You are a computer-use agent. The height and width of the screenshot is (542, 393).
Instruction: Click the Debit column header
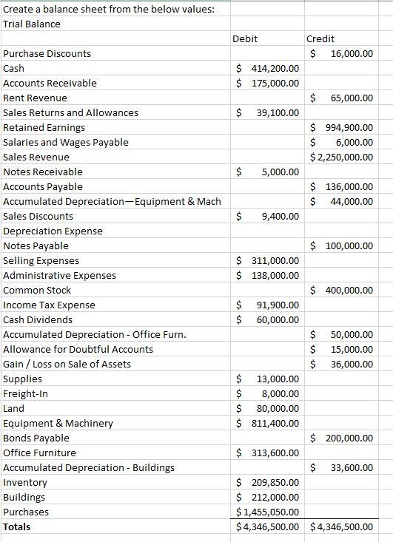click(244, 38)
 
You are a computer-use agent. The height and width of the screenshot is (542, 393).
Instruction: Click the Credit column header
click(320, 38)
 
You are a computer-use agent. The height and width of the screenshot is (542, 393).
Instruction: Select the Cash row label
click(14, 68)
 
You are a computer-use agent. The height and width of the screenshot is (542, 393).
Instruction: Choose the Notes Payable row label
click(36, 245)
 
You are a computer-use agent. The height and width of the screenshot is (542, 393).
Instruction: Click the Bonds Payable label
click(36, 438)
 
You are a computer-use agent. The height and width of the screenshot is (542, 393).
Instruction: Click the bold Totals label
click(17, 527)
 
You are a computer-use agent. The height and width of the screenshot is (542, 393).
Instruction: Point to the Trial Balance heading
click(32, 24)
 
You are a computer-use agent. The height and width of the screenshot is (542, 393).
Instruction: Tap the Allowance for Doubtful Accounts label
click(78, 349)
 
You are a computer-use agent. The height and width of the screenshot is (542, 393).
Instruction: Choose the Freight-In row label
click(25, 393)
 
